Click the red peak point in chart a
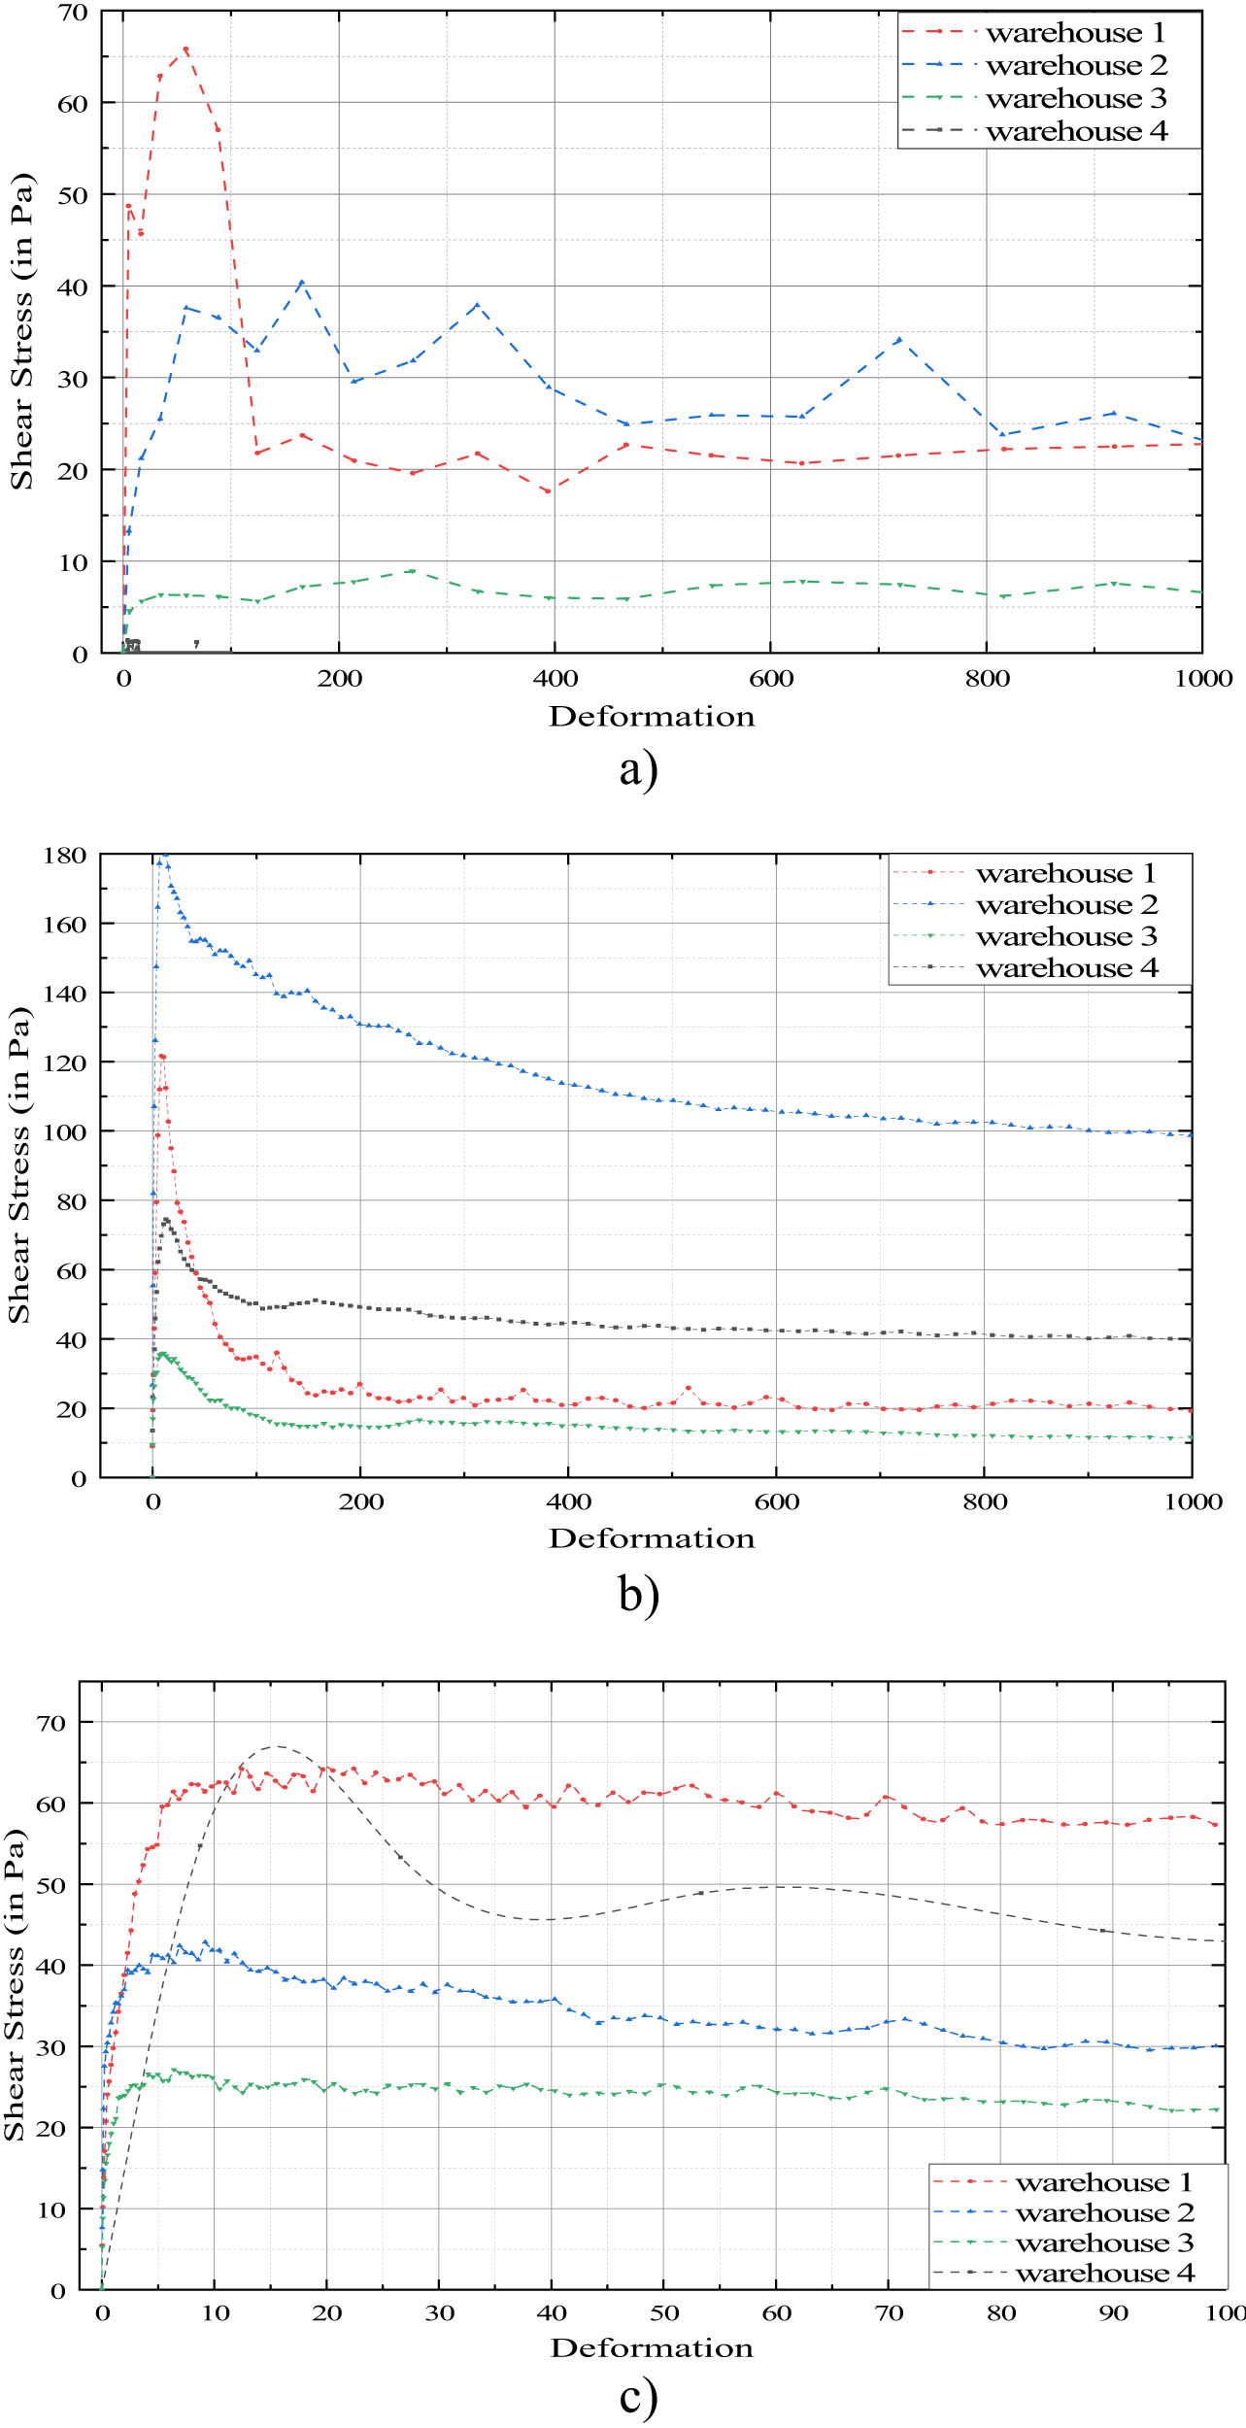(x=185, y=50)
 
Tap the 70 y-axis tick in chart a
(x=73, y=13)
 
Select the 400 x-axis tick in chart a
(x=556, y=679)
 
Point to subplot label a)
(x=638, y=770)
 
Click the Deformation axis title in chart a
(x=651, y=717)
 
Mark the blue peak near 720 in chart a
(x=899, y=340)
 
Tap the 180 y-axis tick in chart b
(x=65, y=856)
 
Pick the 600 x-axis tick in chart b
(x=776, y=1502)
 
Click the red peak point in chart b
(x=162, y=1056)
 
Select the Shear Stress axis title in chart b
(x=19, y=1165)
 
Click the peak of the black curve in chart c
(x=276, y=1746)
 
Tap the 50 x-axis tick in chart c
(x=664, y=2313)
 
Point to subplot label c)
(x=638, y=2397)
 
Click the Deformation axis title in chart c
(x=651, y=2348)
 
